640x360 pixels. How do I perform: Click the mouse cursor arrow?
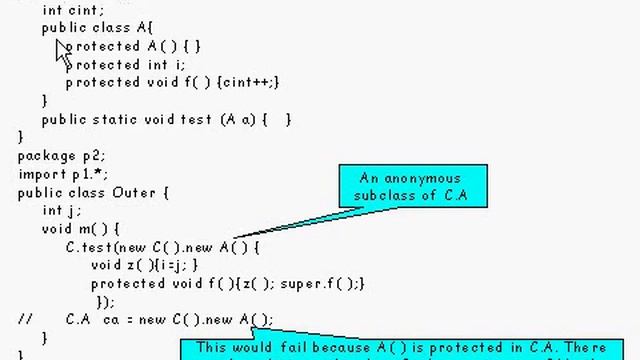coord(64,53)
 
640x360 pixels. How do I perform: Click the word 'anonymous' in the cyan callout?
coord(412,178)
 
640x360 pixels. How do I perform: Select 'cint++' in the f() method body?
coord(251,82)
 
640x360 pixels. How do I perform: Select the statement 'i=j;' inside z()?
coord(176,264)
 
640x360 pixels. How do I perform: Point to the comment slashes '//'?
coord(25,319)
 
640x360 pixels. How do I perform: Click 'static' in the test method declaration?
coord(119,119)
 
